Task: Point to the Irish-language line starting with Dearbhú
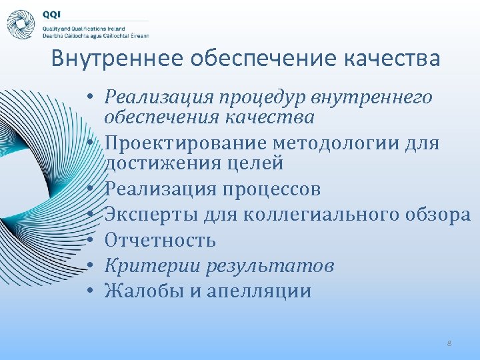coord(95,36)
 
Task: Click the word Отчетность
coord(160,240)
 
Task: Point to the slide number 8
coord(449,343)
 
